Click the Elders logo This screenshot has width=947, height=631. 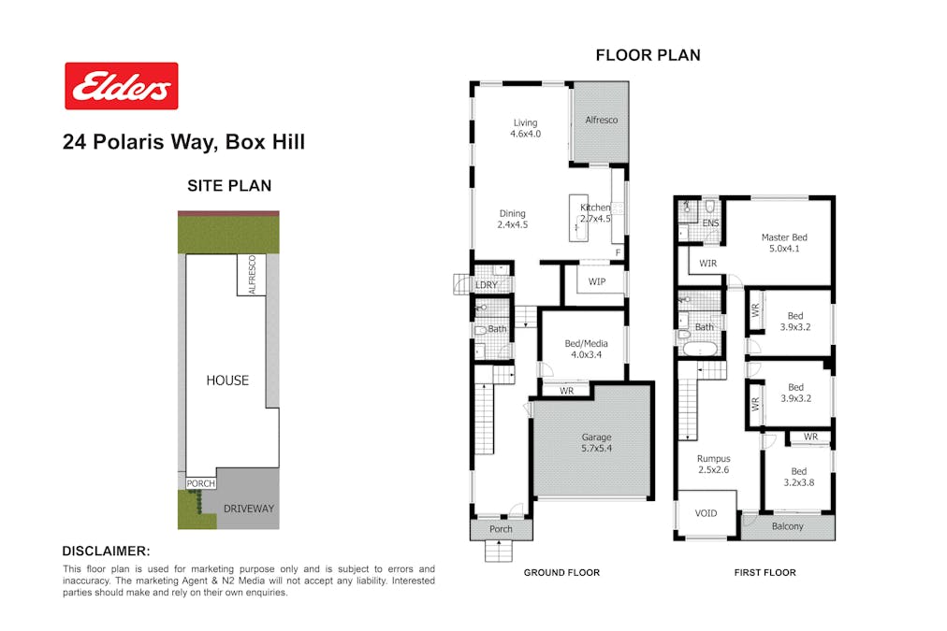(122, 86)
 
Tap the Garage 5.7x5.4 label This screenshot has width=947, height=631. (596, 442)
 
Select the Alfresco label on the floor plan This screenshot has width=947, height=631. (601, 120)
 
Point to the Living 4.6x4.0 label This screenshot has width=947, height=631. (526, 128)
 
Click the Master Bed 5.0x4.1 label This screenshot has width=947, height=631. (784, 242)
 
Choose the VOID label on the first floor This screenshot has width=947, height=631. (706, 513)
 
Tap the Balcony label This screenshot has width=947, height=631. (788, 526)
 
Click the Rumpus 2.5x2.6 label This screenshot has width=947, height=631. (713, 464)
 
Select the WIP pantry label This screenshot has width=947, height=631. (597, 281)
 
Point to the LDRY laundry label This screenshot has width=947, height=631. (487, 285)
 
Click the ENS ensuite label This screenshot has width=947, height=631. (710, 223)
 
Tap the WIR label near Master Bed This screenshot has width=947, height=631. (707, 263)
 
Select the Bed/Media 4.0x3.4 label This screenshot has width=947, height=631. (586, 349)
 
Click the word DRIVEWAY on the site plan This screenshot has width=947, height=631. (249, 509)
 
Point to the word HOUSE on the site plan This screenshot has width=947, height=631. (227, 380)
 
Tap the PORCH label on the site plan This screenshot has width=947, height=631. (200, 483)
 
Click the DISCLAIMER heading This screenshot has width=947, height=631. (107, 551)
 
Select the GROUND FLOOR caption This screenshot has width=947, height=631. (561, 572)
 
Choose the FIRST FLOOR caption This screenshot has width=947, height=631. (765, 572)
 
